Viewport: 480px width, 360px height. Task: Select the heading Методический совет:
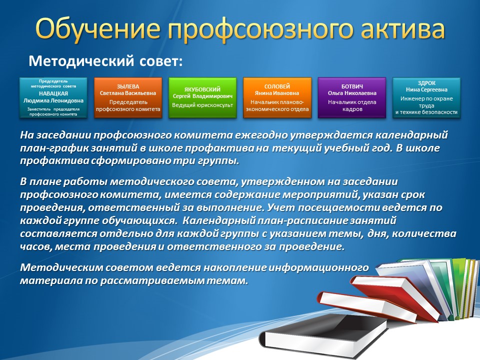[x=105, y=61]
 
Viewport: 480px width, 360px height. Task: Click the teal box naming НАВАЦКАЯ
[x=53, y=97]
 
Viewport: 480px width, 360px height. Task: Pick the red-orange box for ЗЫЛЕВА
[x=128, y=97]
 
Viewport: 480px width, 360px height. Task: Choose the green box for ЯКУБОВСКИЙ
[x=202, y=97]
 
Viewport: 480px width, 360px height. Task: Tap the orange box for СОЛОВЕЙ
[x=277, y=97]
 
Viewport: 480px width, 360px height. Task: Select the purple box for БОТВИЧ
[x=352, y=97]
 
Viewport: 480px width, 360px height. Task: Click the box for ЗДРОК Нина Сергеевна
[x=426, y=97]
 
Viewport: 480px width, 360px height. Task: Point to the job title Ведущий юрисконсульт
[x=202, y=105]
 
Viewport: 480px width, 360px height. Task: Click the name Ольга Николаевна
[x=352, y=93]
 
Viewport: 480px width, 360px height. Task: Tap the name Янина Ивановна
[x=277, y=93]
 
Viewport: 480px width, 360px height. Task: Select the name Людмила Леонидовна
[x=53, y=100]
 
